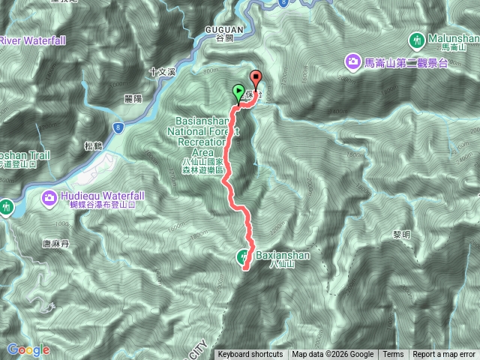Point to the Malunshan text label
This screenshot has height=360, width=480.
(452, 37)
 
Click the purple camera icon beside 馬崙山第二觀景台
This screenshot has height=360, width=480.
(351, 60)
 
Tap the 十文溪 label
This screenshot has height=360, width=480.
(161, 72)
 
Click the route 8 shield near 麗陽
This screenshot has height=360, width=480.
(118, 128)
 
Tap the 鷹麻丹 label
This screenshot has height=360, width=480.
(54, 244)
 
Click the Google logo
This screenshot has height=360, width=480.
(28, 349)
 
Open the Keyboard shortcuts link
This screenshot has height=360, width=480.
(250, 355)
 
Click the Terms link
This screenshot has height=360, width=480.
(392, 355)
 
